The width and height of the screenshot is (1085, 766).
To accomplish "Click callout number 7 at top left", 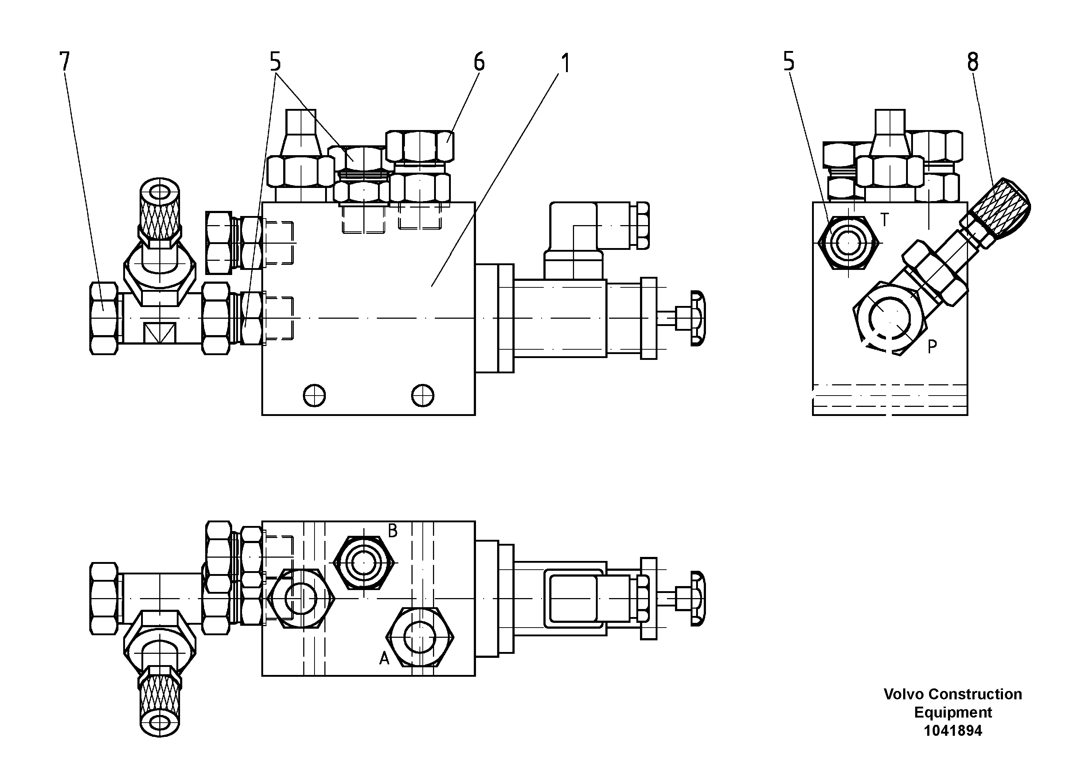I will (x=64, y=62).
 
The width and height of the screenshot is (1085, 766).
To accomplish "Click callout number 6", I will (x=479, y=62).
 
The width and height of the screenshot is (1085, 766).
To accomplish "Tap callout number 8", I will (x=972, y=62).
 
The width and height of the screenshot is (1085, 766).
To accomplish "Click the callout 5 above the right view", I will (x=789, y=62).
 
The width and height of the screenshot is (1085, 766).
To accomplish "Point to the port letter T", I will (x=885, y=220).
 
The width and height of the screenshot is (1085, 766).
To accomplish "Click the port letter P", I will (x=932, y=347).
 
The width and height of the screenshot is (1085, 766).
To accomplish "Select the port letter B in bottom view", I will (x=393, y=531).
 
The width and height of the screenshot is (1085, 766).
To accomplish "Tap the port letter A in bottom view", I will (x=384, y=658).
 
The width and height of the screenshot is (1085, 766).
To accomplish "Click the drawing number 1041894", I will (x=953, y=731).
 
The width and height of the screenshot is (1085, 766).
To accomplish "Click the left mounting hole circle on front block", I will (x=314, y=395).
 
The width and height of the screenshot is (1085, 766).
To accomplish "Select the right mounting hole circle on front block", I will (x=422, y=395).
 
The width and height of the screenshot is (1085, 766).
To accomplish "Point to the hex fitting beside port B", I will (x=363, y=562).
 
